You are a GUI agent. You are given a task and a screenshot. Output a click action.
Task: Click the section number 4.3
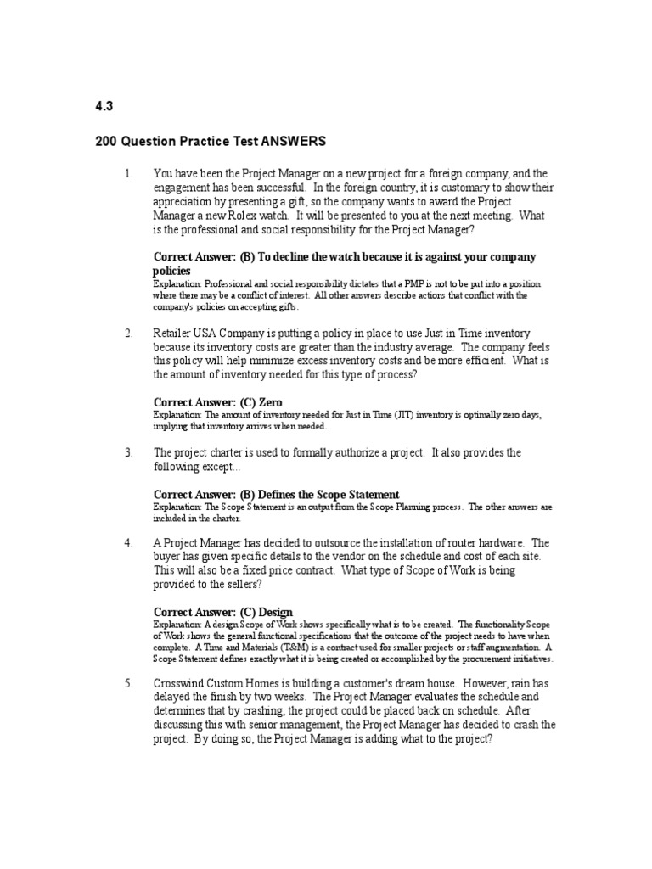pyautogui.click(x=104, y=106)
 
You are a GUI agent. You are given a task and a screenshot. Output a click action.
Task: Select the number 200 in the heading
pyautogui.click(x=107, y=141)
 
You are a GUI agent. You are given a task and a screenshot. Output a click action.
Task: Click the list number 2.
pyautogui.click(x=128, y=334)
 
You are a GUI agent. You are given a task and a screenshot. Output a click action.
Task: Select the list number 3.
pyautogui.click(x=128, y=452)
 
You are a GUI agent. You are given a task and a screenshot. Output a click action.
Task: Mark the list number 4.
pyautogui.click(x=128, y=542)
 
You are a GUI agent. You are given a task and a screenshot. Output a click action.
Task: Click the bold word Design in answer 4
pyautogui.click(x=277, y=611)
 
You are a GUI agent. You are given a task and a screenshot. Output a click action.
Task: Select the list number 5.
pyautogui.click(x=128, y=683)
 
